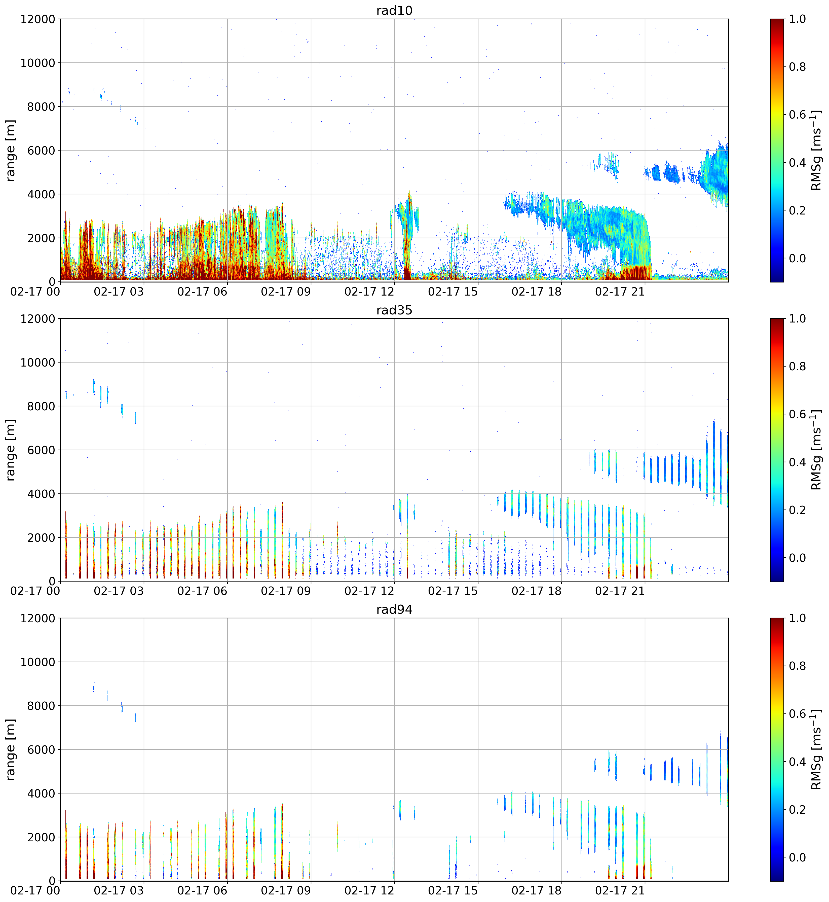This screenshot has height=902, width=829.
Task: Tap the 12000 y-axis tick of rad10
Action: (x=38, y=19)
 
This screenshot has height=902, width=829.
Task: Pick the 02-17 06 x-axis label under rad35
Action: (x=202, y=591)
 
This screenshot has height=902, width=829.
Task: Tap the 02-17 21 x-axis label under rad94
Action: (x=620, y=891)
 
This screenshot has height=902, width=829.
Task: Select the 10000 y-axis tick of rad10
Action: (x=38, y=63)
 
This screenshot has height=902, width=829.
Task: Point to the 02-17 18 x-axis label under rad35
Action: (x=537, y=591)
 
